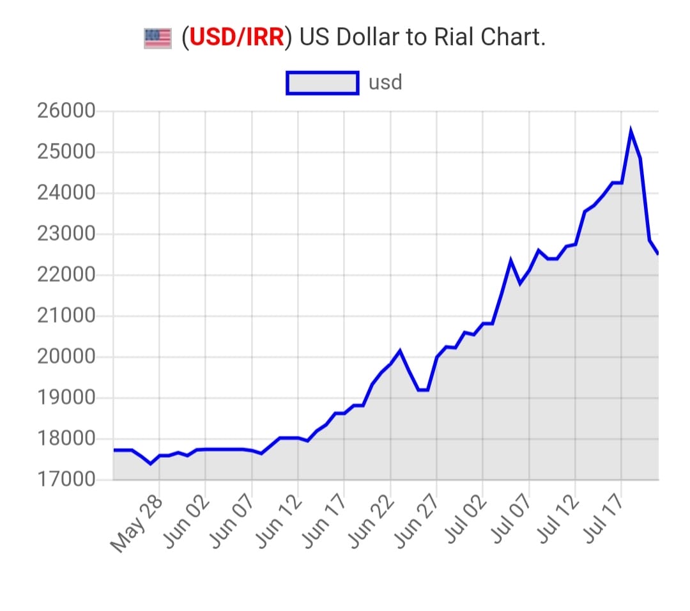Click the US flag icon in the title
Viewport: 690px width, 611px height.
click(158, 38)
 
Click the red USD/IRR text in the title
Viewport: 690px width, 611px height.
click(236, 38)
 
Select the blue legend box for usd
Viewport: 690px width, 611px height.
click(322, 83)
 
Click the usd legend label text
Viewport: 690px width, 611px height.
click(385, 83)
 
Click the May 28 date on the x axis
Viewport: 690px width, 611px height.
click(137, 524)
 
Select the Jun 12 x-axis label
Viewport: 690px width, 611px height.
click(276, 524)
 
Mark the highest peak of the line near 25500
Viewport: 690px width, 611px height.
click(631, 131)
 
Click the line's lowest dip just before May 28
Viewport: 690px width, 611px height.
click(150, 463)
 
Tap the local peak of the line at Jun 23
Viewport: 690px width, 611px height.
click(400, 350)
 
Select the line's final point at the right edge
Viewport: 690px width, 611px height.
click(658, 254)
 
